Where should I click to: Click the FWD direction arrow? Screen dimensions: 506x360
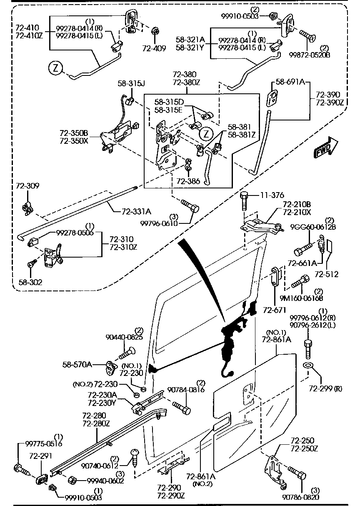point(325,148)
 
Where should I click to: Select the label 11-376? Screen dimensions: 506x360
point(272,195)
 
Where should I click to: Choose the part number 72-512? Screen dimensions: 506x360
point(327,274)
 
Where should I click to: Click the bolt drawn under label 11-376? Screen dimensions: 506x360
point(245,201)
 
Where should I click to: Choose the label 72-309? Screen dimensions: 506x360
point(27,185)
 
